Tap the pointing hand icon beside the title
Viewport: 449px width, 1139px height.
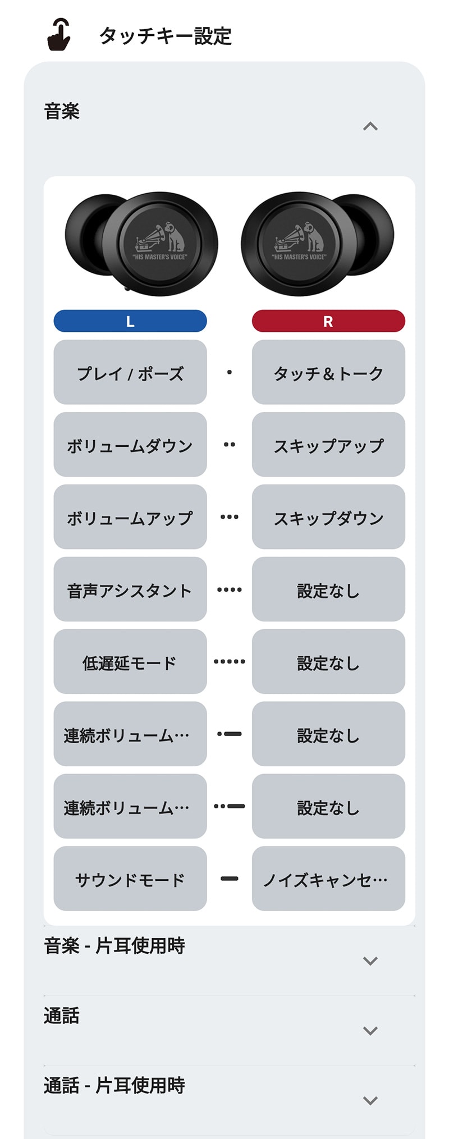59,35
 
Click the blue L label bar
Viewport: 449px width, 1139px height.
130,321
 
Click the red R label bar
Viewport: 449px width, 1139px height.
328,321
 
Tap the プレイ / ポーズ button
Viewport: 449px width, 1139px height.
130,372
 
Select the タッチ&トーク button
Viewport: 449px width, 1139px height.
328,372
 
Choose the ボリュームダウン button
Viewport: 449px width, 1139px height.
130,445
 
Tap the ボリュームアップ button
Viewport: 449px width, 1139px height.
130,517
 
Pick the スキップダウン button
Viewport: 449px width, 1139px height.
328,517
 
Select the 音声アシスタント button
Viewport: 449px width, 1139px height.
130,589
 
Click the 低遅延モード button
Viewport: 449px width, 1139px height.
130,662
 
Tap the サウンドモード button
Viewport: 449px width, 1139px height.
130,879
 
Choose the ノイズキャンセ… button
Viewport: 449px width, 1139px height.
328,879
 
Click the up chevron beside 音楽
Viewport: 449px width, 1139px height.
370,126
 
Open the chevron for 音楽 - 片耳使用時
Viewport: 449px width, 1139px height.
370,961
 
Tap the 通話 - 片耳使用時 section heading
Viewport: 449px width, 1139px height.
114,1086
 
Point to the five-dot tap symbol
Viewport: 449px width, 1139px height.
230,662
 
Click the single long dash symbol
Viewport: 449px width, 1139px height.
230,879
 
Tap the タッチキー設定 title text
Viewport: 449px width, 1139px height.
166,36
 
